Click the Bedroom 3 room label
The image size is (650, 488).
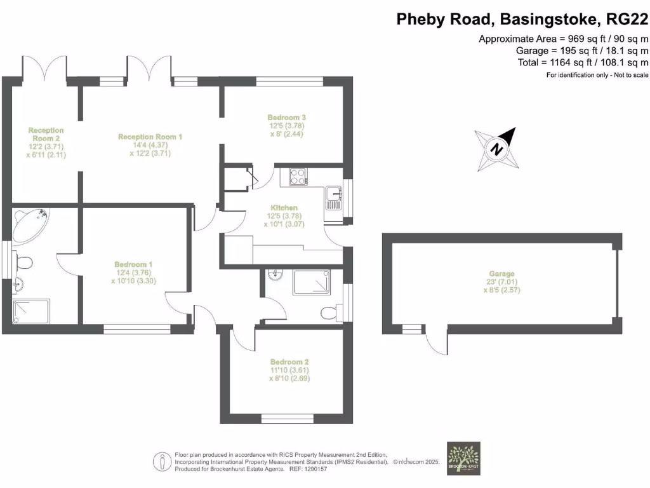287,118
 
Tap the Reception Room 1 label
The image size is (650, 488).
150,137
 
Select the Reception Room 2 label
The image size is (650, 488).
46,134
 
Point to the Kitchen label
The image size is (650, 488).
284,208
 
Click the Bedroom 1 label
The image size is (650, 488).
133,264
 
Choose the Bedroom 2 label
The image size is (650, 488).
289,362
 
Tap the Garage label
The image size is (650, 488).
501,273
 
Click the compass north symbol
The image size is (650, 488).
497,149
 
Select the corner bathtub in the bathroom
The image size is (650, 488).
31,224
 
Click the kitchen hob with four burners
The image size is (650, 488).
298,176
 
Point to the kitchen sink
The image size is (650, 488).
333,197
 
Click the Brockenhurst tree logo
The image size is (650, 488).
463,458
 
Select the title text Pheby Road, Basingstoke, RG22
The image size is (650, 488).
522,19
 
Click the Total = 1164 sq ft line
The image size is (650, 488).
583,62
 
